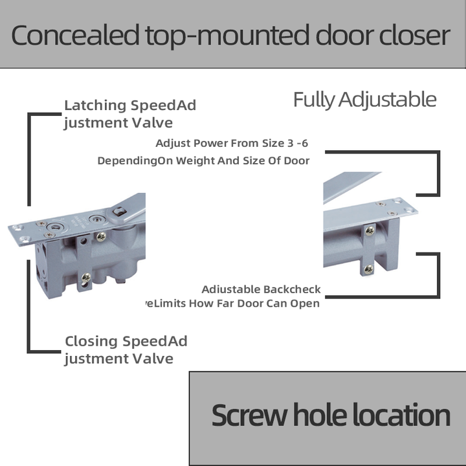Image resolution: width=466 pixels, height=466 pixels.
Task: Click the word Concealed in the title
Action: pos(76,36)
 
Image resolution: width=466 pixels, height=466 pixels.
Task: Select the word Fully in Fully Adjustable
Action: pos(315,100)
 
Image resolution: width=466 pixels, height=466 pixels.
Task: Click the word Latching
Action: pos(95,105)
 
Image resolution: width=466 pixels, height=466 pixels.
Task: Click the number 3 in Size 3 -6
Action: pos(291,143)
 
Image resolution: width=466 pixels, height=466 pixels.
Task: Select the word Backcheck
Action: pos(292,289)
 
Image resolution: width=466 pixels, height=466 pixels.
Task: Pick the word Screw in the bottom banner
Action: pos(249,416)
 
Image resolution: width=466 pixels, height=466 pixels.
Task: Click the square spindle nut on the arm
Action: pos(120,211)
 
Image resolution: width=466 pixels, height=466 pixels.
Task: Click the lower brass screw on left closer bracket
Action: pos(86,277)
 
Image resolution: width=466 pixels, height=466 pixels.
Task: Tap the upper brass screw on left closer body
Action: pos(102,237)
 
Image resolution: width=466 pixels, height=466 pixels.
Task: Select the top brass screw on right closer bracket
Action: pos(370,230)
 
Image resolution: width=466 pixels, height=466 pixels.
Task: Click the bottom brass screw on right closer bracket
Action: pos(368,269)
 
